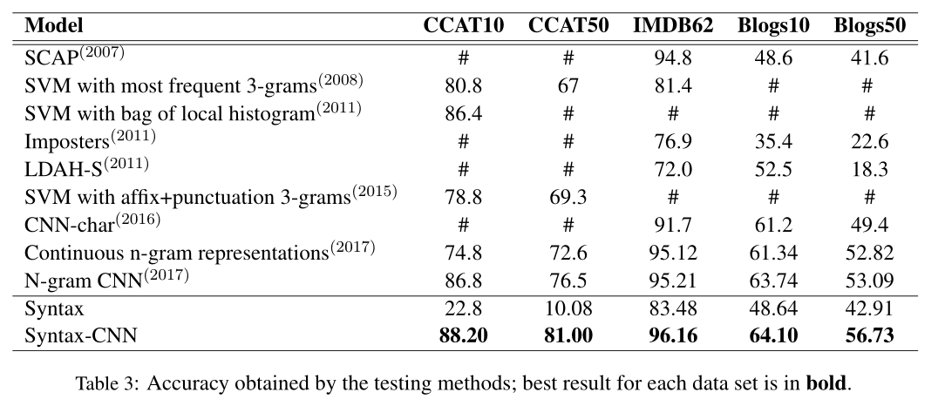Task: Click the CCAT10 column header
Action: pyautogui.click(x=463, y=25)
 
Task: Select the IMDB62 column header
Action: pyautogui.click(x=673, y=25)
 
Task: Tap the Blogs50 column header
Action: pyautogui.click(x=870, y=25)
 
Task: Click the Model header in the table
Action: pyautogui.click(x=54, y=25)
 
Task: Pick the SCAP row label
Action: pyautogui.click(x=75, y=57)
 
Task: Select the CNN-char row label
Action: pyautogui.click(x=92, y=224)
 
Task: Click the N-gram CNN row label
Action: pyautogui.click(x=106, y=280)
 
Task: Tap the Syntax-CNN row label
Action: pyautogui.click(x=81, y=335)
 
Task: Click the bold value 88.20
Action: pyautogui.click(x=463, y=335)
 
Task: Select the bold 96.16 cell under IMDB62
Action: pyautogui.click(x=673, y=335)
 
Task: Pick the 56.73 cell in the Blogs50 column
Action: pyautogui.click(x=870, y=335)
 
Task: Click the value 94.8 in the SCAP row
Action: pyautogui.click(x=673, y=58)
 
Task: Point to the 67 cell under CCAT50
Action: pyautogui.click(x=568, y=85)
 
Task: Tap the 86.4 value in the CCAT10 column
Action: pyautogui.click(x=463, y=113)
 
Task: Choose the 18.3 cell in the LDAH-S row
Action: pyautogui.click(x=870, y=169)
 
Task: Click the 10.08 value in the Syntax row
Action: pyautogui.click(x=568, y=308)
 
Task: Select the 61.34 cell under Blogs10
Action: pyautogui.click(x=773, y=253)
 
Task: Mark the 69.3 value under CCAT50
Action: pyautogui.click(x=568, y=197)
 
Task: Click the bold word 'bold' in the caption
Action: pyautogui.click(x=826, y=383)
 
